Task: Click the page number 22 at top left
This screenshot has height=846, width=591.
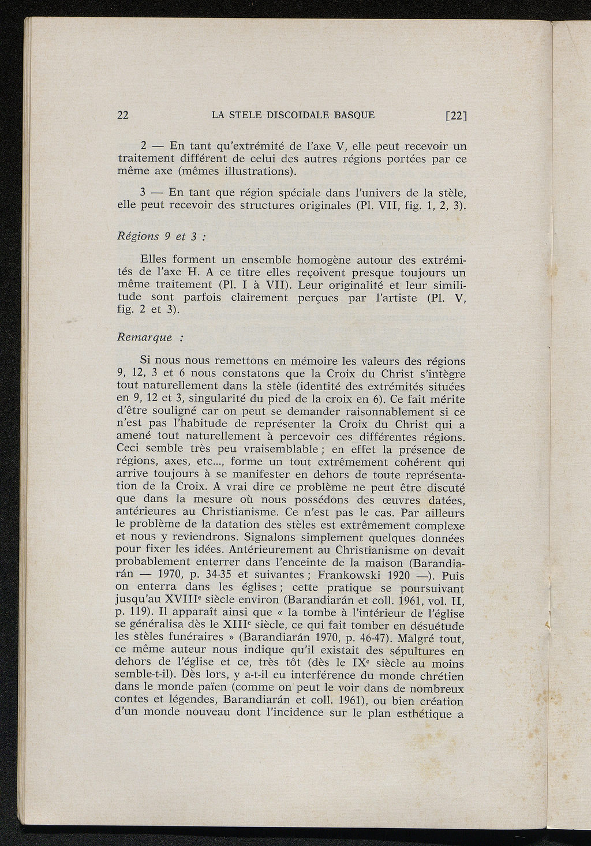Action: [122, 115]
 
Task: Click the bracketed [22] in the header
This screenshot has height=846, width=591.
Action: [456, 115]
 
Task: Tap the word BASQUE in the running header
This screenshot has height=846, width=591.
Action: [354, 114]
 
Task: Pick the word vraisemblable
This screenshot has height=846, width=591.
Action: [269, 449]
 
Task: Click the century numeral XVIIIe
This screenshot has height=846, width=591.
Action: [180, 600]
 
